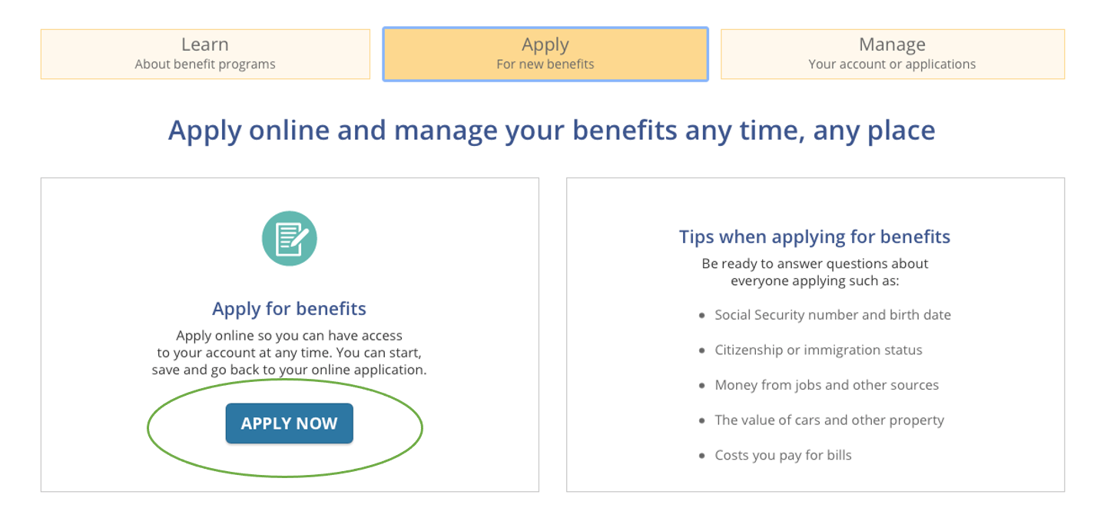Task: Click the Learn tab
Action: pyautogui.click(x=205, y=54)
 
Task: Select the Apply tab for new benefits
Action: pyautogui.click(x=545, y=54)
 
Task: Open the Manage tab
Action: pyautogui.click(x=892, y=54)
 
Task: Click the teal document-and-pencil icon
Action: pyautogui.click(x=289, y=238)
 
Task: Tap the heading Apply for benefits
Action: pyautogui.click(x=289, y=309)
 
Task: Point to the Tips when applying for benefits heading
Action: pyautogui.click(x=815, y=237)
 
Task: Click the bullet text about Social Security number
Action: pyautogui.click(x=833, y=315)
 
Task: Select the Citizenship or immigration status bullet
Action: pyautogui.click(x=818, y=350)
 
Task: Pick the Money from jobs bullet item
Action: pyautogui.click(x=827, y=385)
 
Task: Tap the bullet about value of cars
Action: pyautogui.click(x=829, y=420)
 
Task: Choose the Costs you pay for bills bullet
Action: pyautogui.click(x=783, y=455)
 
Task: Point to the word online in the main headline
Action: pyautogui.click(x=289, y=130)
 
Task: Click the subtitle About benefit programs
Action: pyautogui.click(x=205, y=65)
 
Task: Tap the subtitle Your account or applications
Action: pyautogui.click(x=892, y=65)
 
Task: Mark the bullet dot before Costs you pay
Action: pyautogui.click(x=702, y=456)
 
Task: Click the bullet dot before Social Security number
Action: pyautogui.click(x=702, y=315)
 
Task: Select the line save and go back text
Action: pyautogui.click(x=289, y=370)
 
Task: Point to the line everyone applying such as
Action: pyautogui.click(x=815, y=281)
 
